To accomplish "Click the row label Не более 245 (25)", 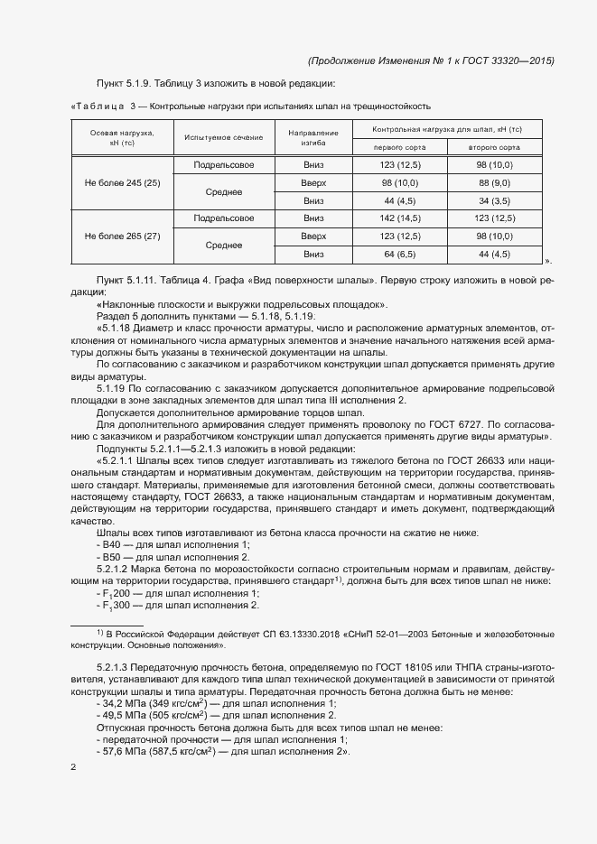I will [122, 183].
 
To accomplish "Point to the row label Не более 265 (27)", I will [122, 236].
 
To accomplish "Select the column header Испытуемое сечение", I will [223, 137].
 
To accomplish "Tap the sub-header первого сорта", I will [399, 147].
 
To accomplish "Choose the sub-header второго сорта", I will [493, 147].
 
